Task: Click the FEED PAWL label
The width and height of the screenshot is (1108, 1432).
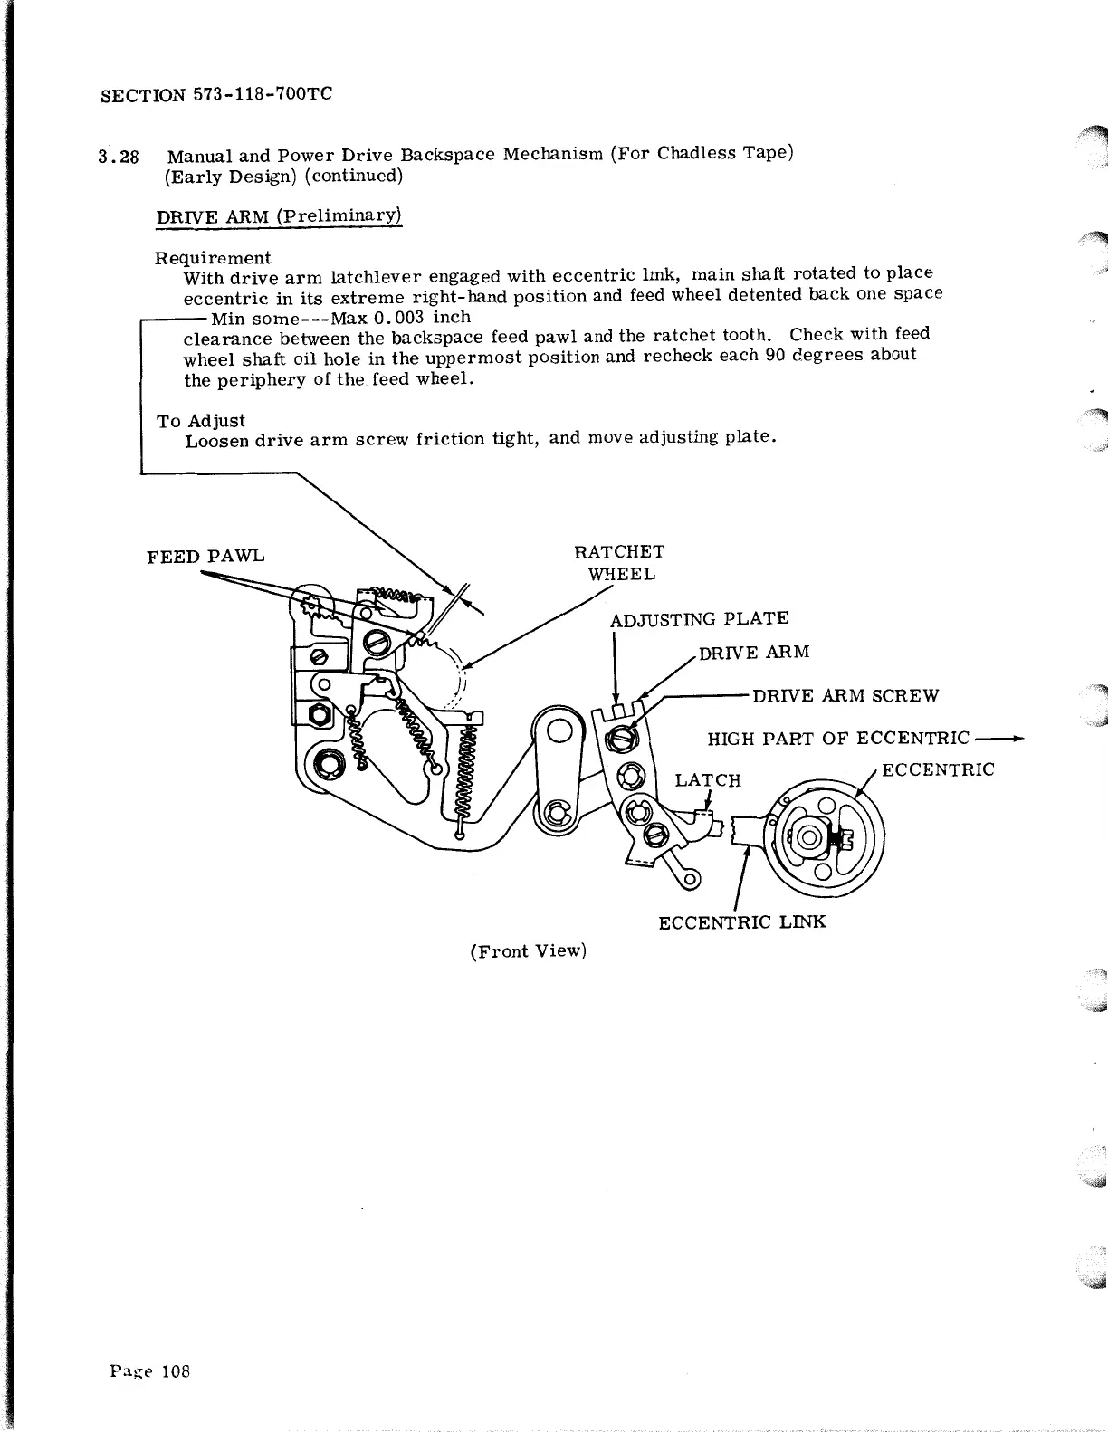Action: pyautogui.click(x=205, y=555)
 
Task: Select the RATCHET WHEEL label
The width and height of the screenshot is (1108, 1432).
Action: pyautogui.click(x=619, y=562)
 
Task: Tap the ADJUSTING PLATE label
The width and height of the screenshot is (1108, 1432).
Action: pyautogui.click(x=699, y=618)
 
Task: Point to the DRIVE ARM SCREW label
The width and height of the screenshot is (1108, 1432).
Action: pyautogui.click(x=845, y=695)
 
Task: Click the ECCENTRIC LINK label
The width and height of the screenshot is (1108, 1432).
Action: pyautogui.click(x=741, y=922)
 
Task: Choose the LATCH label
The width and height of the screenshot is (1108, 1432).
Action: pyautogui.click(x=708, y=779)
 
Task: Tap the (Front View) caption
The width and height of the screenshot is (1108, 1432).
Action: pyautogui.click(x=529, y=950)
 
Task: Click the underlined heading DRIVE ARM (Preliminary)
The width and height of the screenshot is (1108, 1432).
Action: pyautogui.click(x=279, y=216)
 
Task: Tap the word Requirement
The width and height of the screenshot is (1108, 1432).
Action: pyautogui.click(x=213, y=258)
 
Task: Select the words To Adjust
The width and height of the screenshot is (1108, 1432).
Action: pyautogui.click(x=201, y=420)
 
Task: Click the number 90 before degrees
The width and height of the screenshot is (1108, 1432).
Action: pyautogui.click(x=774, y=354)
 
